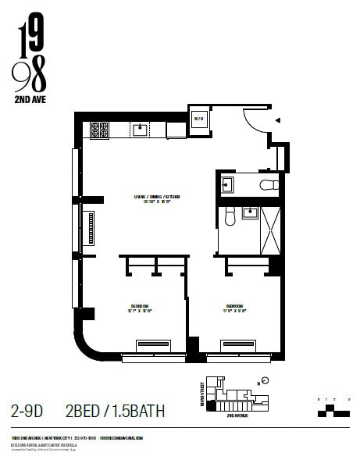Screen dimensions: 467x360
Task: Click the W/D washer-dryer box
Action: click(199, 120)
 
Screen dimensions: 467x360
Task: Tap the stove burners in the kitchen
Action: click(99, 130)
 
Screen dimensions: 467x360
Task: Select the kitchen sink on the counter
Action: click(141, 130)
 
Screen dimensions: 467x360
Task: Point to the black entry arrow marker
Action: click(277, 120)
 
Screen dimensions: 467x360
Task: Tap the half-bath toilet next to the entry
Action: click(268, 185)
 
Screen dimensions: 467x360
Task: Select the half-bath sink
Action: click(226, 184)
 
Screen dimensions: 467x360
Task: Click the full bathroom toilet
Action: click(230, 216)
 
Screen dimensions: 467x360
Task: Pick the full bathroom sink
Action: click(251, 212)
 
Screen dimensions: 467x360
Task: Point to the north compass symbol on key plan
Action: click(266, 381)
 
